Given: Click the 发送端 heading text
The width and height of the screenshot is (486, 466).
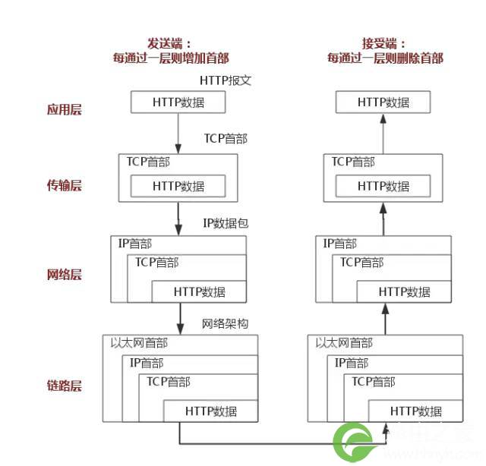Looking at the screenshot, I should coord(170,43).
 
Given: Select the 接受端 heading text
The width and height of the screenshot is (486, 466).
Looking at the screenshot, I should coord(384,43).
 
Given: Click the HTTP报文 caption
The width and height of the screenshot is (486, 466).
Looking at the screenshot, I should coord(226,80).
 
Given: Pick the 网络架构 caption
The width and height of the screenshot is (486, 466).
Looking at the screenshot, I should coord(225,324).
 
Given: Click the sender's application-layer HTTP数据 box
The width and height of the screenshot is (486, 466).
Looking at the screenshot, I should coord(178,102).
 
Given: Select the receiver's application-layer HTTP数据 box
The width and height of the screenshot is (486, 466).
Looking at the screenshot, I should coord(383,102).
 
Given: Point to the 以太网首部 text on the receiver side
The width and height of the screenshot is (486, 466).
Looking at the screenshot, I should coord(344,343).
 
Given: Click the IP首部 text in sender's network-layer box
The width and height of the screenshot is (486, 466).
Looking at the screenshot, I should coord(134,244).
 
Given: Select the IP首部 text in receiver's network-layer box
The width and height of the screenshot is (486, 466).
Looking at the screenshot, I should coord(339,244).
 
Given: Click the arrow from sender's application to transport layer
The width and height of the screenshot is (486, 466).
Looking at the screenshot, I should coord(178,134).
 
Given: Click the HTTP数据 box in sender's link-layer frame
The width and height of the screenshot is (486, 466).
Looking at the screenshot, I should coord(211,411).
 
